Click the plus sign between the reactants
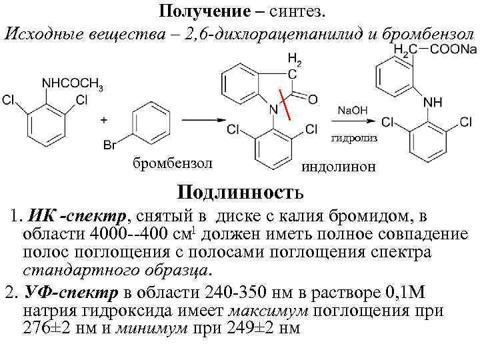(x=103, y=120)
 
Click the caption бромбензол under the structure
(x=172, y=162)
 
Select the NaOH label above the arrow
(x=353, y=110)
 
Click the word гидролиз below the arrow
(x=354, y=138)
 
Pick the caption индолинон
(x=340, y=167)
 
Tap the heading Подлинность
(x=240, y=193)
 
